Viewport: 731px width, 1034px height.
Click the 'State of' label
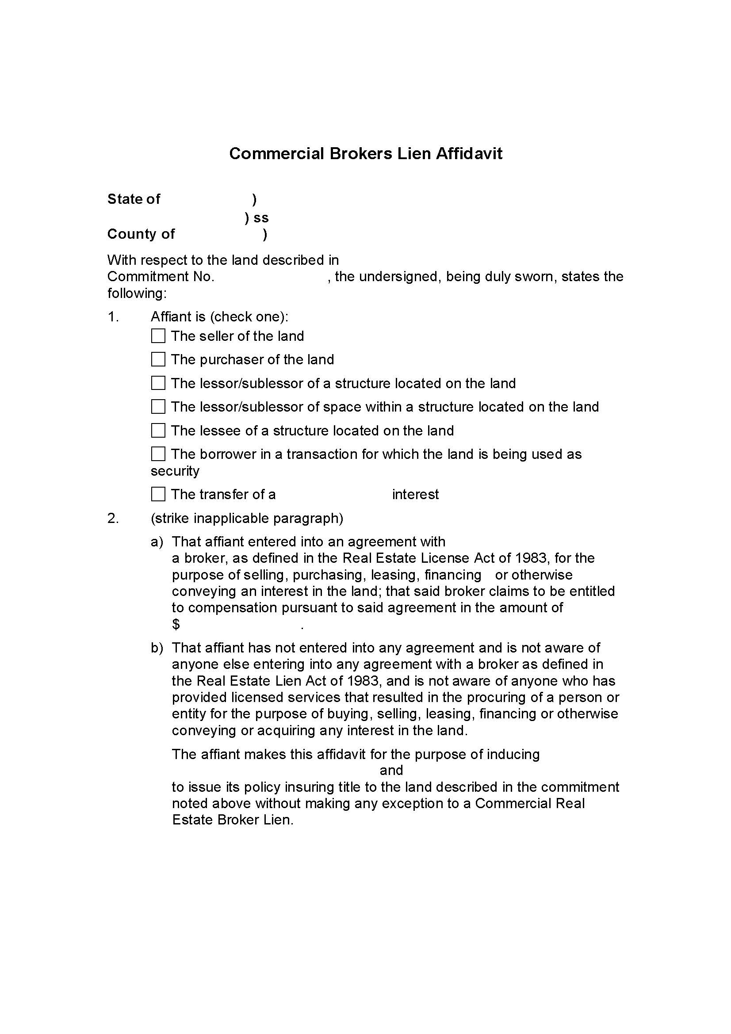pos(133,199)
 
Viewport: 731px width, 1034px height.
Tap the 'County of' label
pos(141,234)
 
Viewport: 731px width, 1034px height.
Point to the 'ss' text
pos(261,218)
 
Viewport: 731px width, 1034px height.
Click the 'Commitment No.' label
pos(161,276)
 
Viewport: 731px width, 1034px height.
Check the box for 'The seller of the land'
pos(158,336)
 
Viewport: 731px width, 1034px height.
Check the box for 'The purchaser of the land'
pos(158,359)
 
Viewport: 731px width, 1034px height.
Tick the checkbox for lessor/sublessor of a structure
pos(158,383)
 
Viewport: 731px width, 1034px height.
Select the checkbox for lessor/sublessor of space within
pos(158,407)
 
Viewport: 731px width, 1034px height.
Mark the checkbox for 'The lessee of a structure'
pos(158,431)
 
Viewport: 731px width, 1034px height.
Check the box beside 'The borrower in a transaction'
pos(158,454)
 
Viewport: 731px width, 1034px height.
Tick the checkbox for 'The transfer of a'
pos(158,495)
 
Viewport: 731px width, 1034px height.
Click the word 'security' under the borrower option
pos(175,471)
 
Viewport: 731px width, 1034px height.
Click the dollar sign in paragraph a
pos(176,625)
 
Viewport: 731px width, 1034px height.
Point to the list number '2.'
pos(113,519)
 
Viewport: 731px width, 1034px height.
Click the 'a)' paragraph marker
pos(157,542)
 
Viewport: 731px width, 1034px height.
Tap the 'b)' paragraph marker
pos(157,648)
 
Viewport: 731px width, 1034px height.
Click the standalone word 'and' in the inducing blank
pos(391,771)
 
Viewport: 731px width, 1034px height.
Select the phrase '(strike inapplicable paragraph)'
pos(247,519)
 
